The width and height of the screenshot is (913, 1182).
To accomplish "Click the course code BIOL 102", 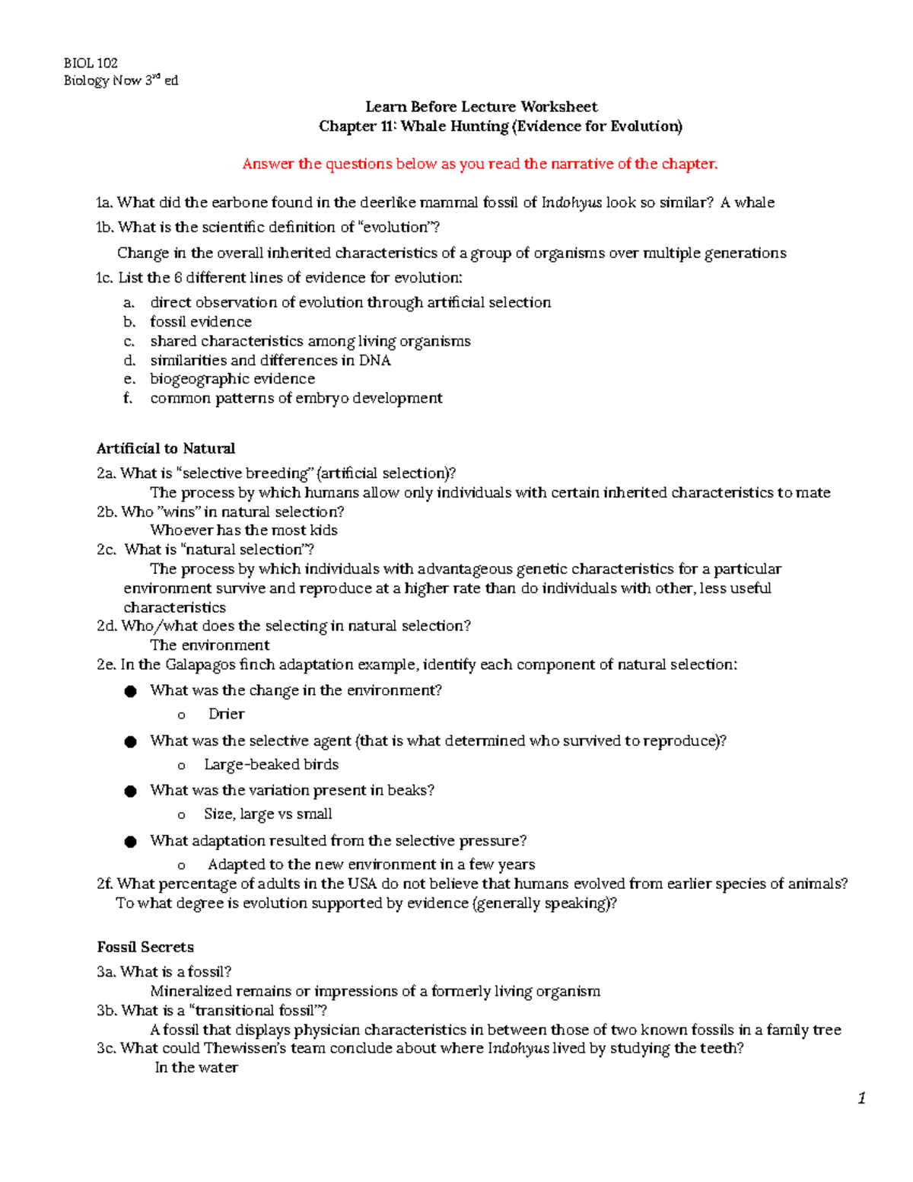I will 91,63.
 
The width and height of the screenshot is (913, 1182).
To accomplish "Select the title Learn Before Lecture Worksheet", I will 481,107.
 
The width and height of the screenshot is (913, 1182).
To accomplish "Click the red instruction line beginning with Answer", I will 479,164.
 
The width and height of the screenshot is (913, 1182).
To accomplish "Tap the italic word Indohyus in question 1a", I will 571,202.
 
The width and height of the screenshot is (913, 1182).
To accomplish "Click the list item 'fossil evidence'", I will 201,322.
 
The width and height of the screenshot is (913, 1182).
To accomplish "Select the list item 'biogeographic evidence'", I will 232,379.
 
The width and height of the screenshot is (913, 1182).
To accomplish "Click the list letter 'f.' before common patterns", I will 128,398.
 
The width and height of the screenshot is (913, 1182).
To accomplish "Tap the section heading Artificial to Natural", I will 166,448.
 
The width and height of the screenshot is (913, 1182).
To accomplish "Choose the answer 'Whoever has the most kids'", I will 243,530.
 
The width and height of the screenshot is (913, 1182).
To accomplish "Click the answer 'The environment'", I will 210,645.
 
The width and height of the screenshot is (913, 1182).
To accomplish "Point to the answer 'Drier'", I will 226,714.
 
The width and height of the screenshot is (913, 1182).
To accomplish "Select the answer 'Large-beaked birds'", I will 271,764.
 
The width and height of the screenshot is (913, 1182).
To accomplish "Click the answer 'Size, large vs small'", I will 268,814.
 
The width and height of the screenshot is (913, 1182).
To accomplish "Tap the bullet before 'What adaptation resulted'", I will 131,842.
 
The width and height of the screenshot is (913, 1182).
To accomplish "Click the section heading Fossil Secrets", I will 145,947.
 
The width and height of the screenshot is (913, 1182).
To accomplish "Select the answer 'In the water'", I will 196,1068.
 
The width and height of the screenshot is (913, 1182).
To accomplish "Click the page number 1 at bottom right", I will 861,1098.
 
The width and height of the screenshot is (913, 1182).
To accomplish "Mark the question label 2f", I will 105,884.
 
